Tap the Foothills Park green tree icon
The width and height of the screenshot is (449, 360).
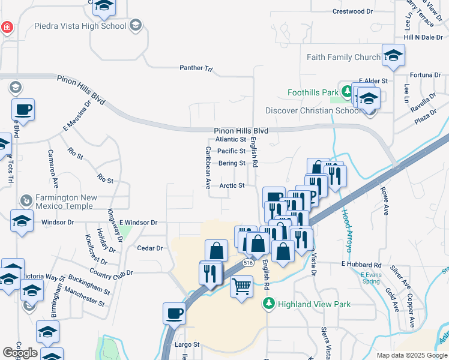pos(346,92)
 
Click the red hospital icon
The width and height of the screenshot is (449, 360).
pos(6,27)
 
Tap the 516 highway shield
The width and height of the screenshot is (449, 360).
pos(248,263)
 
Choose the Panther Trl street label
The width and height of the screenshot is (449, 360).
pos(196,68)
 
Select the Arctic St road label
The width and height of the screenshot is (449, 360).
pos(232,186)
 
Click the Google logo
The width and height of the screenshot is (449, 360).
pos(20,353)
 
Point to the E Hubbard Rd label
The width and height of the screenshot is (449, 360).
pos(361,265)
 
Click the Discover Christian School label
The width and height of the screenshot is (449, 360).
pos(314,110)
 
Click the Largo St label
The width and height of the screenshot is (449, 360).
pos(187,345)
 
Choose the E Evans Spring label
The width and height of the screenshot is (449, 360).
pos(371,278)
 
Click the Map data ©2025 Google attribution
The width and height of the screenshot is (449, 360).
pos(412,355)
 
